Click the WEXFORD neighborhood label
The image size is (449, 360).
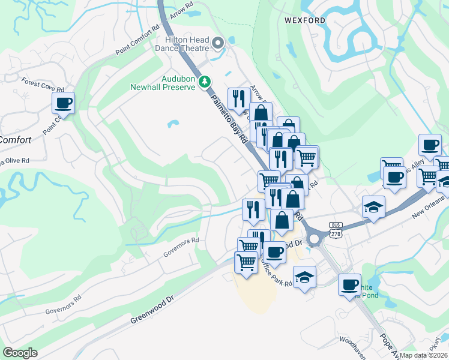[x=305, y=20]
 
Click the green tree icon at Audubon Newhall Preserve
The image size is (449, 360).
[x=205, y=80]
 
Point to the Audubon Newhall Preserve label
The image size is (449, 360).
[x=163, y=83]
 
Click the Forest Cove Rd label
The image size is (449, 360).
[x=38, y=85]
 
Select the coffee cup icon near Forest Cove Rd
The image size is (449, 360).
[x=63, y=103]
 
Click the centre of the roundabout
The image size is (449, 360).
[x=314, y=239]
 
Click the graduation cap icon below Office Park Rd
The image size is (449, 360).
[x=304, y=277]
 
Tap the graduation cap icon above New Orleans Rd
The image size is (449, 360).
[x=373, y=207]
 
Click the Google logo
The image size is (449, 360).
[x=20, y=353]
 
